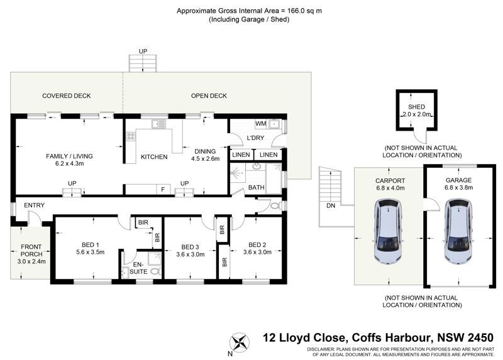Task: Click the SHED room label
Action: point(416,107)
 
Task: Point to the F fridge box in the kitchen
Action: point(163,190)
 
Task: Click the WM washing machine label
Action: point(261,123)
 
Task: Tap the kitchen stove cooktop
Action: point(130,136)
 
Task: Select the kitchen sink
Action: point(158,124)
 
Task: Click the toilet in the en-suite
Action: point(155,271)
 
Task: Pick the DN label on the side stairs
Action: point(331,205)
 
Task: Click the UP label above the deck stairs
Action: point(143,52)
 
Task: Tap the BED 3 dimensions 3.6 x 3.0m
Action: point(191,254)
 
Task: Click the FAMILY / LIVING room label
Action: point(69,156)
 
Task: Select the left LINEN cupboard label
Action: point(241,155)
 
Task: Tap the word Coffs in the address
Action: point(367,337)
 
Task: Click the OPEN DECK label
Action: point(209,95)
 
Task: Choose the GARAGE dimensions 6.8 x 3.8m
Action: point(458,187)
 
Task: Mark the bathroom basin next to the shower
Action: point(257,166)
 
